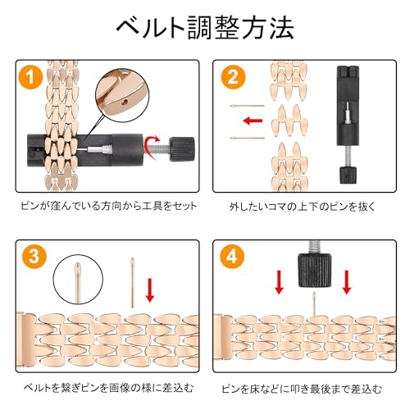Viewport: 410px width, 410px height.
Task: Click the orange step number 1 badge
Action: click(30, 77)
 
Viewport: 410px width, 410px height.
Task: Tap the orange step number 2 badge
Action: click(233, 77)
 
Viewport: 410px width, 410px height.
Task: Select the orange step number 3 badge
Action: click(34, 256)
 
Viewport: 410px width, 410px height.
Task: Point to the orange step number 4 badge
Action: click(232, 256)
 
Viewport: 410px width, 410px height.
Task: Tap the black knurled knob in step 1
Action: click(182, 148)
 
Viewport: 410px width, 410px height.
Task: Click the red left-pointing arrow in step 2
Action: click(253, 121)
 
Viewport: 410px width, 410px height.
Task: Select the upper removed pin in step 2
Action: click(248, 106)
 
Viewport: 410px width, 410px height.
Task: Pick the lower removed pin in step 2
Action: click(248, 138)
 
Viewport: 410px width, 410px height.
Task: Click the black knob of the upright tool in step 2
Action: click(348, 175)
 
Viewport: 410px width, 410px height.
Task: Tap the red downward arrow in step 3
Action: click(150, 290)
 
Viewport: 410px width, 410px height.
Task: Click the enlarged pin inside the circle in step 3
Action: click(78, 282)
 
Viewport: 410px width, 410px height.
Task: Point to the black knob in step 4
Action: click(314, 270)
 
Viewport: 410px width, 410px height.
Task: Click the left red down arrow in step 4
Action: click(279, 282)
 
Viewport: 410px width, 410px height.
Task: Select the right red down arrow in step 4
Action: click(347, 282)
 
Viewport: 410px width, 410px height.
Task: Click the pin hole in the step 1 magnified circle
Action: click(125, 102)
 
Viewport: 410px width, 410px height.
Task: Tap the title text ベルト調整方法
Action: click(205, 27)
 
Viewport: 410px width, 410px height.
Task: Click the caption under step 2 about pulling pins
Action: click(303, 207)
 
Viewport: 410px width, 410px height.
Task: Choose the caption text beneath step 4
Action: click(301, 389)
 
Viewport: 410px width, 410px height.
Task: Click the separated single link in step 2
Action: click(289, 121)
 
